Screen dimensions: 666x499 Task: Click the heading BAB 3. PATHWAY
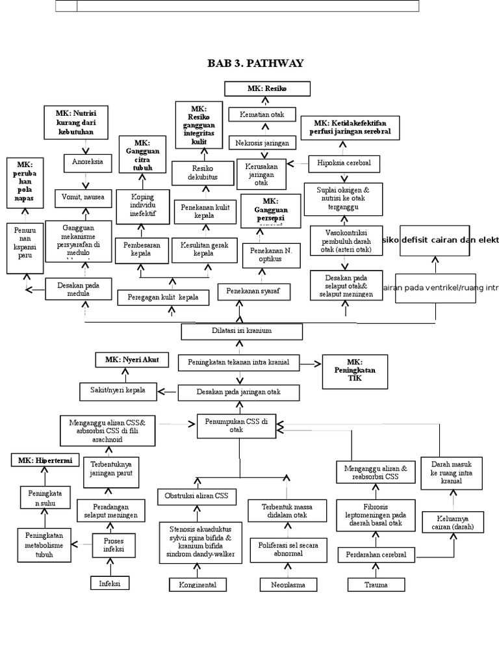[x=255, y=63]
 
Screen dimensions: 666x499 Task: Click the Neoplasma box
[x=288, y=585]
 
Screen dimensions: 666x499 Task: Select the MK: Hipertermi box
[x=45, y=460]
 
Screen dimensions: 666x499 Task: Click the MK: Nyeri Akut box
[x=132, y=359]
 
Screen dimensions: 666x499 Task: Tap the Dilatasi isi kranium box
[x=242, y=332]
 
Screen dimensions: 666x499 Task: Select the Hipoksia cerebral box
[x=344, y=163]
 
